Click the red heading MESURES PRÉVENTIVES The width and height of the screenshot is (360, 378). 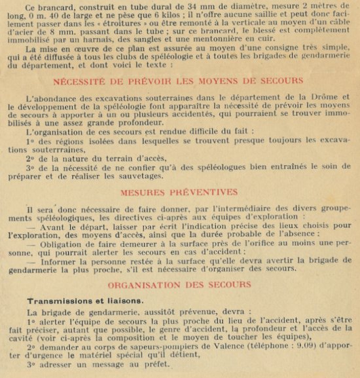179,193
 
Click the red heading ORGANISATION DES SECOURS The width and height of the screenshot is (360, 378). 179,284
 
